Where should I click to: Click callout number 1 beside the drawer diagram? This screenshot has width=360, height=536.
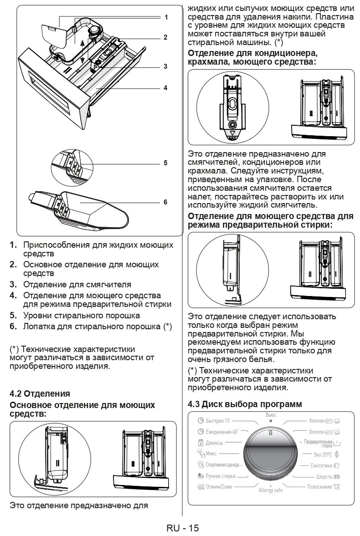point(166,17)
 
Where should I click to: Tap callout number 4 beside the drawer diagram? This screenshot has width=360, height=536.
point(166,87)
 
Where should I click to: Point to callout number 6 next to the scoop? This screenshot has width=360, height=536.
point(166,202)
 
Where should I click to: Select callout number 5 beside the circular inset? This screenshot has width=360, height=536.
point(166,163)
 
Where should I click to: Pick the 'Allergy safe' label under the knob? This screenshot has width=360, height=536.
point(271,490)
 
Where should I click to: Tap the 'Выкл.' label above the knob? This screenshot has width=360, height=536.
point(271,415)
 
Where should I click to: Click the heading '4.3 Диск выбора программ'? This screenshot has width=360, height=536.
point(245,404)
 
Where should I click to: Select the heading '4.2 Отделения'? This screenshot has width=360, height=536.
point(40,393)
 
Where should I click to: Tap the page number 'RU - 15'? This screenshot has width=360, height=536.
point(182,528)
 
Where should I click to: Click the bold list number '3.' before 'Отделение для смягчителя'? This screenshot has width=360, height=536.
point(14,285)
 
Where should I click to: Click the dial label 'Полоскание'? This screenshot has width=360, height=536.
point(319,487)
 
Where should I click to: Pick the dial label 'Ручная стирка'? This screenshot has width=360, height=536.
point(221,476)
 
